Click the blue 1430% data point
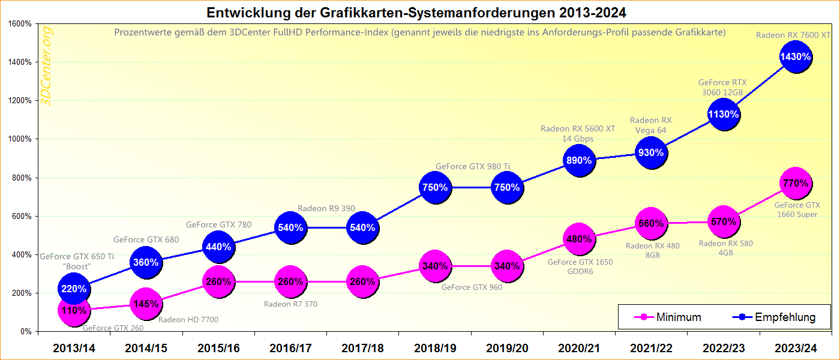[x=796, y=57]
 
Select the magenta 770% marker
[x=796, y=184]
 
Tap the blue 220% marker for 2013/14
[x=74, y=289]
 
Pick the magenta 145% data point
[x=146, y=304]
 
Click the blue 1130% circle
[x=724, y=115]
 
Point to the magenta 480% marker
[x=579, y=239]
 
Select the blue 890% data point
[x=579, y=160]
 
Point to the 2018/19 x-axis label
[x=435, y=348]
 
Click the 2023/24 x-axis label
[x=796, y=348]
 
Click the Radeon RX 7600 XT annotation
[x=793, y=35]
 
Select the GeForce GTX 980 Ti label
[x=473, y=166]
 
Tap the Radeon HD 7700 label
[x=188, y=320]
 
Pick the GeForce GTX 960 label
[x=472, y=287]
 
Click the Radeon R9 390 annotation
[x=326, y=208]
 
